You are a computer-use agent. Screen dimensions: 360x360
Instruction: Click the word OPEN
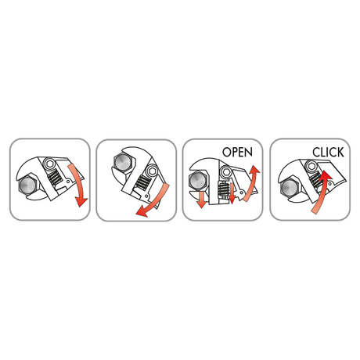pos(237,152)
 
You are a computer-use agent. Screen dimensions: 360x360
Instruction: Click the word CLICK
pos(328,153)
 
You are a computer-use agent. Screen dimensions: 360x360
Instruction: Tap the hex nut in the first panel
pos(28,185)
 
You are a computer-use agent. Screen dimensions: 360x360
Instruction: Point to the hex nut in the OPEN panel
pos(198,180)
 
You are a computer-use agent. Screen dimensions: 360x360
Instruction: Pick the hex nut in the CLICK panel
pos(290,187)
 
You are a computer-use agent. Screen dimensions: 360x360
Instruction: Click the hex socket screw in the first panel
pos(49,164)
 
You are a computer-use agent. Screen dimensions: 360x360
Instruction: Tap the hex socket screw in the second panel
pos(152,171)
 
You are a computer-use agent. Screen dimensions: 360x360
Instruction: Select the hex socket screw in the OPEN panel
pos(225,171)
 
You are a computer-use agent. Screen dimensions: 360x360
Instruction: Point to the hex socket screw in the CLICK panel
pos(311,166)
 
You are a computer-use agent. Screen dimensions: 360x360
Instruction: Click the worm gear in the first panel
pos(55,177)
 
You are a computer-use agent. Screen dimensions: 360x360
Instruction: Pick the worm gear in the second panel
pos(142,182)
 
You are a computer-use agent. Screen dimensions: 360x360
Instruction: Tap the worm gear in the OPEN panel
pos(223,189)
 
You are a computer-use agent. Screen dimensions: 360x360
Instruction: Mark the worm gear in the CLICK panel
pos(316,179)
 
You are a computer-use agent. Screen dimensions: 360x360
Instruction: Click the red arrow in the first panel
pos(78,185)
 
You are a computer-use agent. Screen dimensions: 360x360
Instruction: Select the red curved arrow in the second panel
pos(154,202)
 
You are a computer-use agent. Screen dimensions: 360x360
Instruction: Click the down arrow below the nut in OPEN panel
pos(201,200)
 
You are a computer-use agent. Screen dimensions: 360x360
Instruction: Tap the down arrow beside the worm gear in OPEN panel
pos(232,193)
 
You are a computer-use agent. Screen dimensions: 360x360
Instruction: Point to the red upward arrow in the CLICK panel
pos(322,192)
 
